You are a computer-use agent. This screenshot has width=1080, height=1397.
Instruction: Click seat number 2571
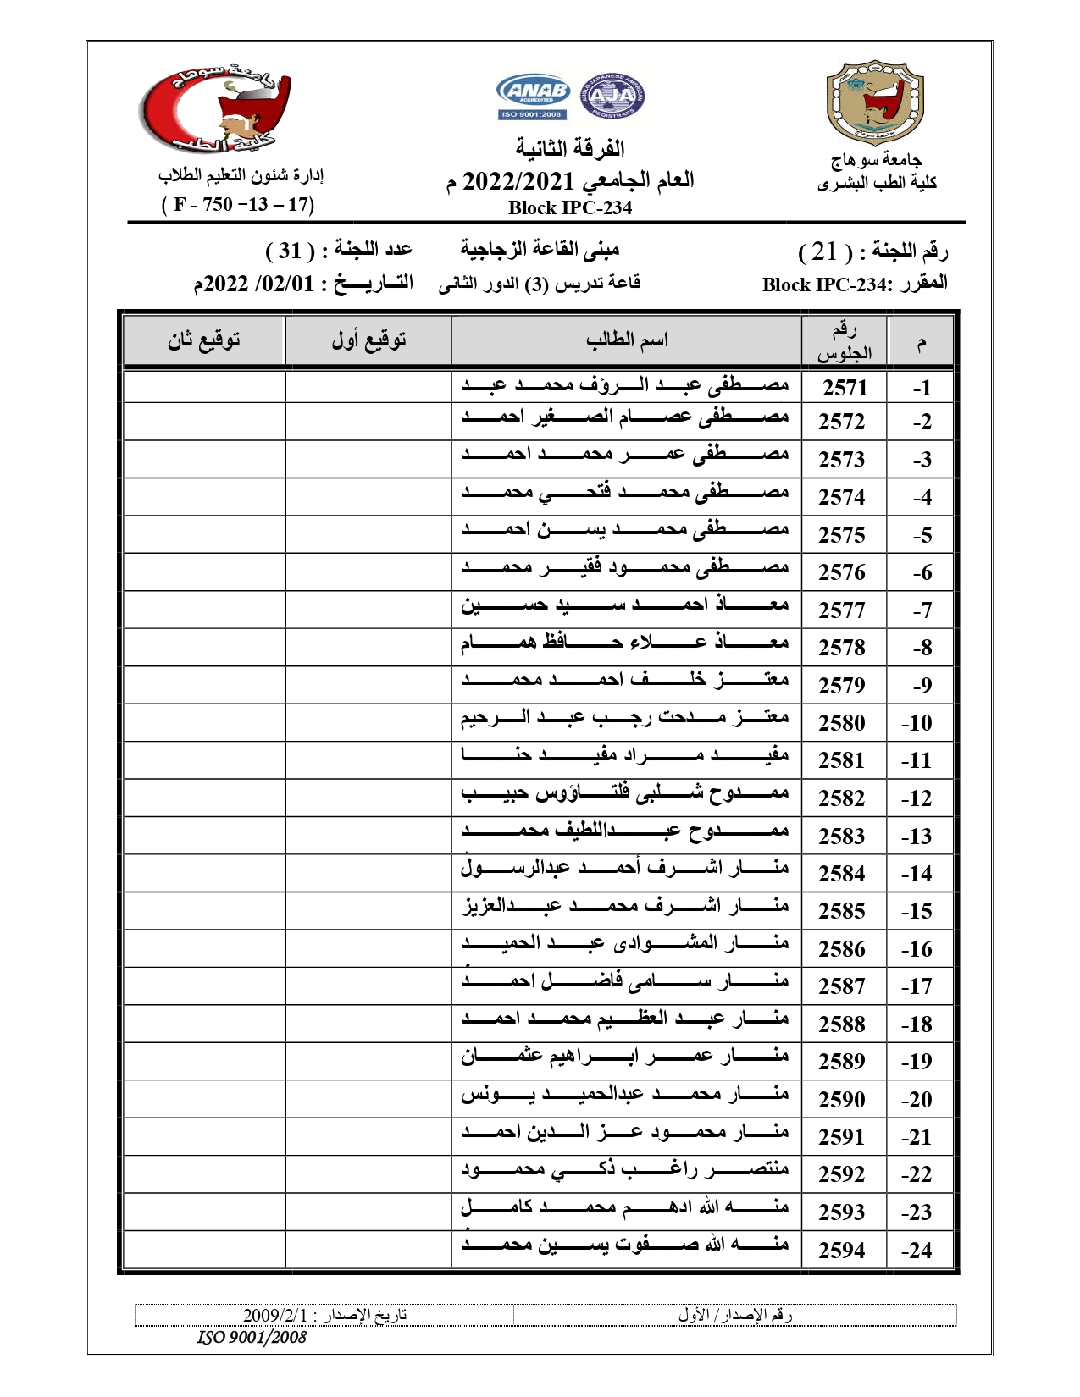(845, 388)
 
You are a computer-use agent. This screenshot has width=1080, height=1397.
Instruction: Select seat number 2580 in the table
(841, 723)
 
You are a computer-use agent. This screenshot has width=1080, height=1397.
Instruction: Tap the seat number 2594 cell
(841, 1250)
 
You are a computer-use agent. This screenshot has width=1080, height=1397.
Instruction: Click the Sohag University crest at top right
(874, 102)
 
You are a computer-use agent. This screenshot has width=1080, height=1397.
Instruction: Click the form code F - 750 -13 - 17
(238, 204)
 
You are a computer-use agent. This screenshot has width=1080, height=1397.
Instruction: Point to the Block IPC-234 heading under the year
(569, 207)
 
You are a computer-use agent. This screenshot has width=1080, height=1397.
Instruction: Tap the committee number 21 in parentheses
(824, 251)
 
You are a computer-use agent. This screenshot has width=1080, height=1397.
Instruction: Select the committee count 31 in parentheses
(291, 251)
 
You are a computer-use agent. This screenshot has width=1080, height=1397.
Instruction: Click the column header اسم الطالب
(627, 340)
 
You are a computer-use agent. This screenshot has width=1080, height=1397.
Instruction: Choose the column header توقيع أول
(368, 340)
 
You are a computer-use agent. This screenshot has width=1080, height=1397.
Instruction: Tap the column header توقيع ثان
(203, 340)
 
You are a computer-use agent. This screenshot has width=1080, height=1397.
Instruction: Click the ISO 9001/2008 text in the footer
(252, 1338)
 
